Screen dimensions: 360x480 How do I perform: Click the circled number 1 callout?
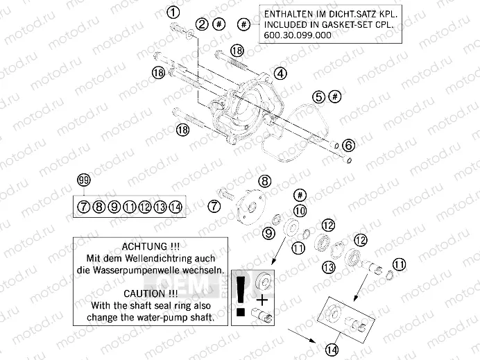point(173,11)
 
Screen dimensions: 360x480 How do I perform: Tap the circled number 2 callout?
point(202,25)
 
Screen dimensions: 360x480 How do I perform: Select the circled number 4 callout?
point(280,73)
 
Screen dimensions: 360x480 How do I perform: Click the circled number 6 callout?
point(348,145)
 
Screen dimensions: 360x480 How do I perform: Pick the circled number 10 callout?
point(300,209)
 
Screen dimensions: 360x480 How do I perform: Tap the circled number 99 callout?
point(84,181)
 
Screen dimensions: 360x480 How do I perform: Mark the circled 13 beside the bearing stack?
point(330,267)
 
